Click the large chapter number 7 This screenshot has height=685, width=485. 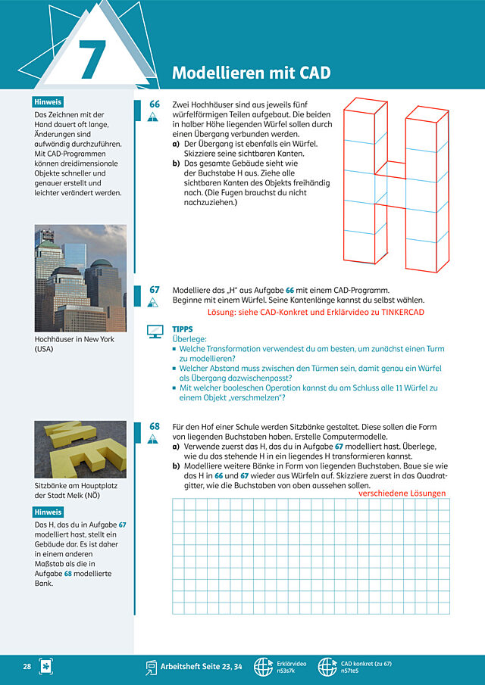click(x=93, y=59)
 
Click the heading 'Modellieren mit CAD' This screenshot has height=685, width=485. click(x=252, y=73)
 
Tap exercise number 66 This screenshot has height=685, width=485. click(x=155, y=104)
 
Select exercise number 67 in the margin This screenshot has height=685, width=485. click(x=155, y=290)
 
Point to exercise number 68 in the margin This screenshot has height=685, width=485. click(x=155, y=426)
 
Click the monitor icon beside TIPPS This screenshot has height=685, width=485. click(x=155, y=332)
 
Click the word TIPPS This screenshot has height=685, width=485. click(x=183, y=329)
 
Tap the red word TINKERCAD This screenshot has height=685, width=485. click(x=402, y=312)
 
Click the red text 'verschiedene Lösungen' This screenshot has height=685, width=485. click(x=402, y=494)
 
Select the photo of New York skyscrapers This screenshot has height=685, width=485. click(x=80, y=279)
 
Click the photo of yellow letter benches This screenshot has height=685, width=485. click(x=80, y=449)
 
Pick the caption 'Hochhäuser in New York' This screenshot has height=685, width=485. click(x=74, y=339)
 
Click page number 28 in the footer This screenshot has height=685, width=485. click(x=27, y=667)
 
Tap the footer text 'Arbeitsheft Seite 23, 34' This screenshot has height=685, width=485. click(x=207, y=667)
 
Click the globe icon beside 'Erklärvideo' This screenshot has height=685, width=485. click(x=263, y=667)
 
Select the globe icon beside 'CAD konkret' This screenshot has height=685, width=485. click(x=327, y=667)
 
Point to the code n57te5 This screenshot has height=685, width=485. click(x=350, y=671)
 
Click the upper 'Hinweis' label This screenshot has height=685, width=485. click(x=48, y=102)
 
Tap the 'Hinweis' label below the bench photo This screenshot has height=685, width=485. click(x=48, y=512)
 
